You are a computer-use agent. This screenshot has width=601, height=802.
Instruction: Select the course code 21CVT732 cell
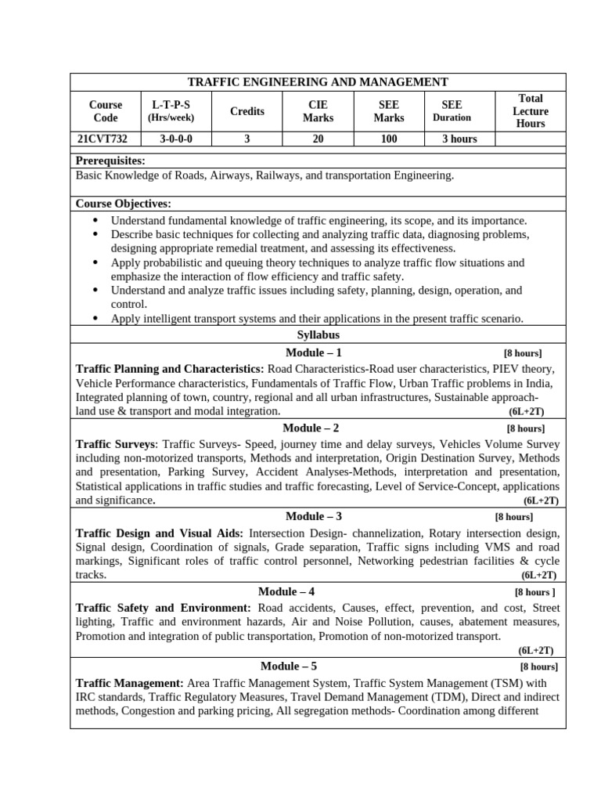point(103,139)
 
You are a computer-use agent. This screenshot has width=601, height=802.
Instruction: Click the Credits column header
point(247,111)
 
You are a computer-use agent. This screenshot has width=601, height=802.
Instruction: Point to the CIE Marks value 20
point(318,139)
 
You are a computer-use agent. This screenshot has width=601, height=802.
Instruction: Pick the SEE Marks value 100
point(388,139)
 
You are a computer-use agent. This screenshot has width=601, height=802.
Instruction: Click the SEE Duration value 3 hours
point(459,139)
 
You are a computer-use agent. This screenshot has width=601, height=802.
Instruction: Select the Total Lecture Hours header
point(530,111)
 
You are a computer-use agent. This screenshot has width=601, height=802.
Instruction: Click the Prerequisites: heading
point(110,161)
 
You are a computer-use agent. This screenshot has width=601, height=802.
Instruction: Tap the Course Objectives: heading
point(123,204)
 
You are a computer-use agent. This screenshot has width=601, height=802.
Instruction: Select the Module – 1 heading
point(313,352)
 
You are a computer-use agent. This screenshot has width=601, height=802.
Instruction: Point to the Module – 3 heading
point(313,516)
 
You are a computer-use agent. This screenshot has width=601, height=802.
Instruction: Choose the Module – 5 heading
point(288,667)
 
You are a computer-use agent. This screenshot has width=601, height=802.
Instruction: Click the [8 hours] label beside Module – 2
point(525,428)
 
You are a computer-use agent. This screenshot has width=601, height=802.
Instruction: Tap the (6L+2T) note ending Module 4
point(535,650)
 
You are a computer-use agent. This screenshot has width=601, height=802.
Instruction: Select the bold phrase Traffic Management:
point(129,683)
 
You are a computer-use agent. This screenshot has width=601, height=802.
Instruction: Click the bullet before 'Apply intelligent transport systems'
point(95,318)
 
